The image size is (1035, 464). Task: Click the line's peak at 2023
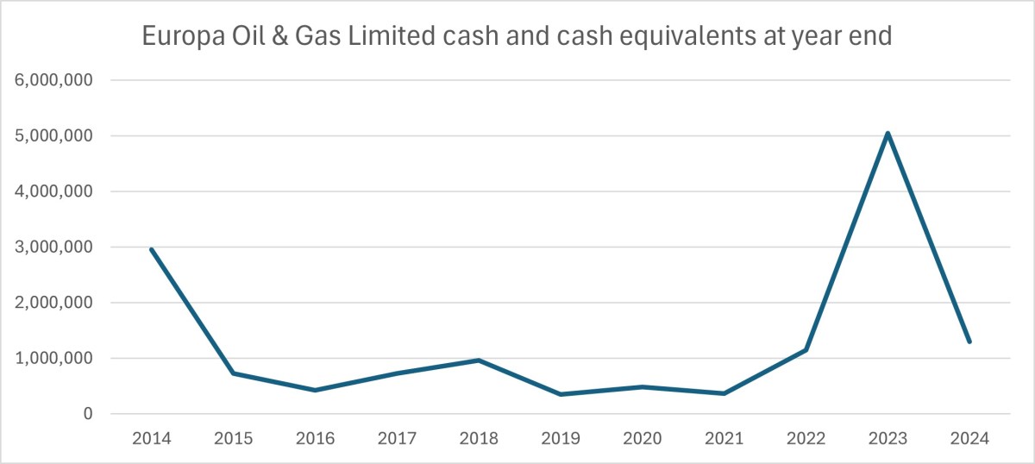tap(888, 133)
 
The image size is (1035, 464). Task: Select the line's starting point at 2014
tap(151, 249)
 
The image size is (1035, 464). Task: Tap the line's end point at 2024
tap(969, 342)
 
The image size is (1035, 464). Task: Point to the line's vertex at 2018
tap(479, 360)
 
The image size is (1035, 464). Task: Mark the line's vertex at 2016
tap(315, 390)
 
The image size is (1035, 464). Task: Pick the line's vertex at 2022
tap(806, 349)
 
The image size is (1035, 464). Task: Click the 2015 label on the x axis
tap(233, 437)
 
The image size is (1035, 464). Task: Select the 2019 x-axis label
tap(561, 437)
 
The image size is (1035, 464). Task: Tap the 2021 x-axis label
tap(724, 437)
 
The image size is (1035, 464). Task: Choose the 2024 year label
tap(969, 437)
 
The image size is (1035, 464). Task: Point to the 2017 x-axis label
tap(397, 437)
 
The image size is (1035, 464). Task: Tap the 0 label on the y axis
tap(87, 415)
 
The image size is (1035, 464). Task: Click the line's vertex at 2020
tap(643, 386)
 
